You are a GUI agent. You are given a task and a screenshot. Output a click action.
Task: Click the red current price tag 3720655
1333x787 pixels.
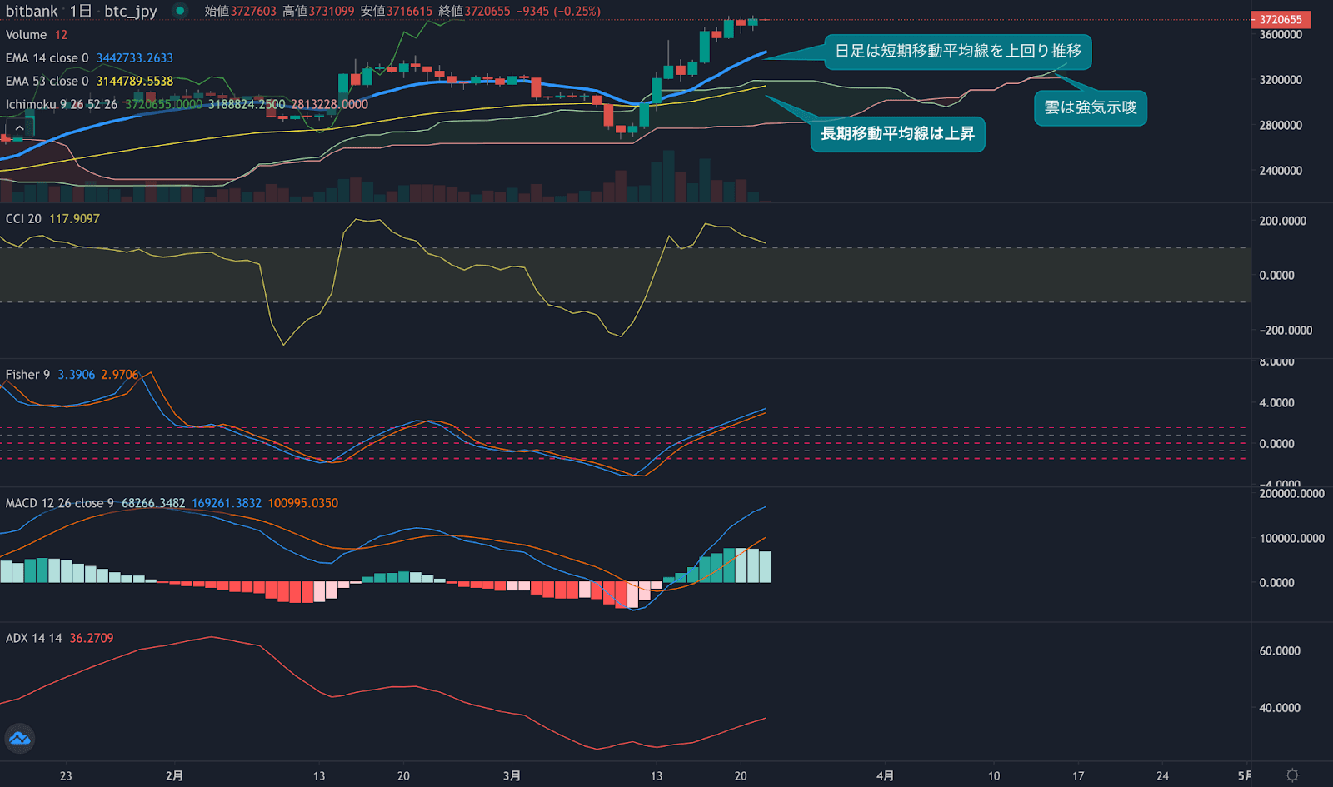(1280, 19)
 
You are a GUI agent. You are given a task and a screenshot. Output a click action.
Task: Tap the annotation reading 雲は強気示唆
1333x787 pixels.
(1090, 107)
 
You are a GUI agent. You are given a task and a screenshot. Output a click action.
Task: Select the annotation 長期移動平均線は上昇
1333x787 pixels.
(897, 133)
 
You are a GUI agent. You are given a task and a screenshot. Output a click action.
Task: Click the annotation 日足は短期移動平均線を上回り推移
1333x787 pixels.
(957, 51)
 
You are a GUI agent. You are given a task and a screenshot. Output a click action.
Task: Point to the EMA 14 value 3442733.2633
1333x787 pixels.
(135, 58)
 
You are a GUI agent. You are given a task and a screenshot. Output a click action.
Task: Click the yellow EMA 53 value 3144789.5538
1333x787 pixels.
(135, 82)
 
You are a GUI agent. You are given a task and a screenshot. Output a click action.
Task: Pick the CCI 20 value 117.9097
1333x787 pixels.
(74, 219)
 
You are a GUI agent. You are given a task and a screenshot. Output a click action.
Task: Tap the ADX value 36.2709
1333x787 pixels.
(92, 638)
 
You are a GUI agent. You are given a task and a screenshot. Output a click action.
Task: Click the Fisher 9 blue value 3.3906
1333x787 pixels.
(77, 375)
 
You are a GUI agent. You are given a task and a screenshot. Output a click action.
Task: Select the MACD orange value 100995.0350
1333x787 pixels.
(303, 503)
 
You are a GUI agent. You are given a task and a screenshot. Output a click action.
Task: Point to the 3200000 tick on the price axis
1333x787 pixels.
(1281, 80)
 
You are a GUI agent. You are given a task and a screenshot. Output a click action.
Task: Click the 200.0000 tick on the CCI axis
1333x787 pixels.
(1282, 221)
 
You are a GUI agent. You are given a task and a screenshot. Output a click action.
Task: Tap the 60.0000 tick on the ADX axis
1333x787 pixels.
(1280, 651)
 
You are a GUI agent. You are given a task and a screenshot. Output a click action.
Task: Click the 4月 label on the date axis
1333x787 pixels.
(885, 775)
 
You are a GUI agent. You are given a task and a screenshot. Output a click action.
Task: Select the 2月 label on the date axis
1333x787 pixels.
(174, 775)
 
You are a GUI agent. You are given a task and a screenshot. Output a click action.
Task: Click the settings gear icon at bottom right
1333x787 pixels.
(1292, 775)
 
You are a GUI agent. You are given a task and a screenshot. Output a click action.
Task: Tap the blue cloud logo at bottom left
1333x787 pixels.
(19, 739)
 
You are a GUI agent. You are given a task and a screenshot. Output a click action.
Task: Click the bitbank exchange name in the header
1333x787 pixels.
(32, 11)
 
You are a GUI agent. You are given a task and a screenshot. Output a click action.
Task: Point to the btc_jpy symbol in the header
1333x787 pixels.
(131, 11)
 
